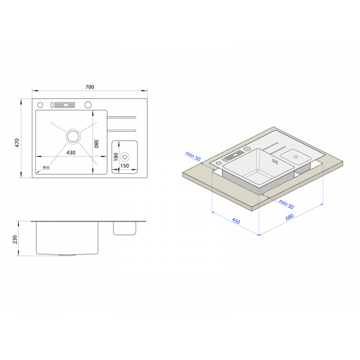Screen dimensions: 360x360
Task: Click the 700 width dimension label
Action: [x=90, y=87]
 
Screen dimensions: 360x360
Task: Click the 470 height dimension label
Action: [x=17, y=143]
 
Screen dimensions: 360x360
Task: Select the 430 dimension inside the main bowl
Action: [x=71, y=152]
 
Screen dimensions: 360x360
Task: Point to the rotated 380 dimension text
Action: [x=97, y=143]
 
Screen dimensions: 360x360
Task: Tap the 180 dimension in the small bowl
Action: [x=116, y=157]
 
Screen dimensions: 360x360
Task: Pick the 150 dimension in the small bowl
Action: [x=125, y=166]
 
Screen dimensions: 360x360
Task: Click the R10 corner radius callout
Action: [x=46, y=167]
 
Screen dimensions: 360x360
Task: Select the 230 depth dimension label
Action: [x=15, y=239]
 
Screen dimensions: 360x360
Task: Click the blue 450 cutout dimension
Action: [x=236, y=221]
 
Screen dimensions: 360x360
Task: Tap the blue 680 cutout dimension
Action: [x=290, y=217]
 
